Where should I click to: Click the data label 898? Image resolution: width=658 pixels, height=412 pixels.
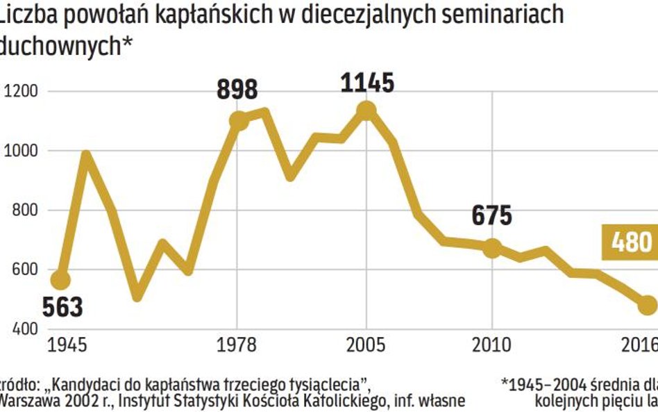(x=237, y=90)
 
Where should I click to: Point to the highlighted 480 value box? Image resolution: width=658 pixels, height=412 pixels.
(x=632, y=242)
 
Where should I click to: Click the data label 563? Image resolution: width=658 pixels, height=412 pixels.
(x=62, y=306)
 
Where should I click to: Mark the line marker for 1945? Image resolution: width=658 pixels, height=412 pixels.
(x=61, y=280)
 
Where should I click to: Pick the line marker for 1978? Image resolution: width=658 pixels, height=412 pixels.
(x=237, y=120)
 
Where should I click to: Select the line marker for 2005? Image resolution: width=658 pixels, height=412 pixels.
(x=366, y=110)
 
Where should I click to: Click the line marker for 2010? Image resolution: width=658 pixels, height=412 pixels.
(x=492, y=248)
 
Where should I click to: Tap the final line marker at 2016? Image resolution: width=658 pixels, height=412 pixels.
(x=648, y=304)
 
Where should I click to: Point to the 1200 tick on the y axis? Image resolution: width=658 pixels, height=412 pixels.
(x=22, y=91)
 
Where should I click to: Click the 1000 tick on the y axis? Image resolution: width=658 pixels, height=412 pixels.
(x=22, y=151)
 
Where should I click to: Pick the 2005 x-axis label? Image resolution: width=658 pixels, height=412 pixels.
(x=367, y=345)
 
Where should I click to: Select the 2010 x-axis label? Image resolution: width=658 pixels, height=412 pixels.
(x=491, y=345)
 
